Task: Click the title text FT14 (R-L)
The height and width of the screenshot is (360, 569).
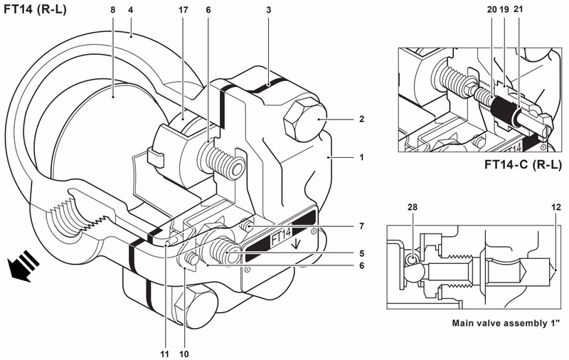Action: [x=35, y=9]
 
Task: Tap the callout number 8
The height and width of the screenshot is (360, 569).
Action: [x=113, y=10]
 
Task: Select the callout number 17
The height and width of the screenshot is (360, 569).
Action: [x=184, y=10]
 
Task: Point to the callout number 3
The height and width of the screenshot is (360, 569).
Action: [x=269, y=10]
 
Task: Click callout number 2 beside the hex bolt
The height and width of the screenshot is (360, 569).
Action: [x=361, y=119]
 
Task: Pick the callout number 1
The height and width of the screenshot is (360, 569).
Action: [x=361, y=157]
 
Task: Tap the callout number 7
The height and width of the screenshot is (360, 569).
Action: [x=361, y=226]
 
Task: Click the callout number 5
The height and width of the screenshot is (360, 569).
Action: [x=361, y=254]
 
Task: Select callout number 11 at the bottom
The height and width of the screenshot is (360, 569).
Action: [x=165, y=354]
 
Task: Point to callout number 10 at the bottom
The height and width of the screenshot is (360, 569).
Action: [x=184, y=354]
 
